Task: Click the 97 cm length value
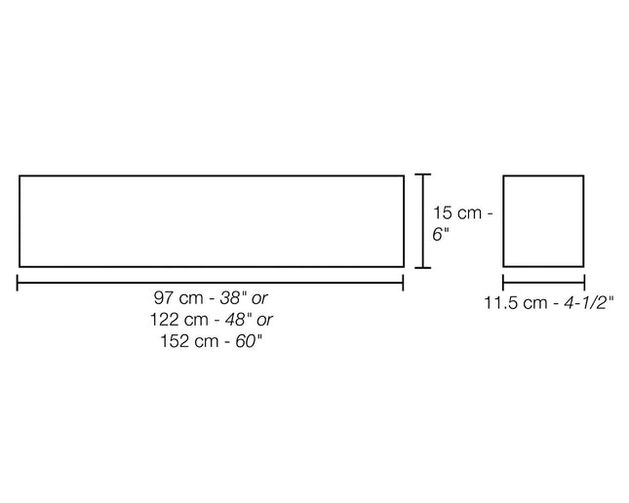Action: pos(178,298)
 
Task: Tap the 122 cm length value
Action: pos(179,320)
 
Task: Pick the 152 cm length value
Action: pos(189,341)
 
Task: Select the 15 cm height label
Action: pos(457,213)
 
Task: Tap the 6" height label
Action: pos(441,234)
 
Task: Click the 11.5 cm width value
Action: pos(516,302)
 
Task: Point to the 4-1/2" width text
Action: pos(589,302)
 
